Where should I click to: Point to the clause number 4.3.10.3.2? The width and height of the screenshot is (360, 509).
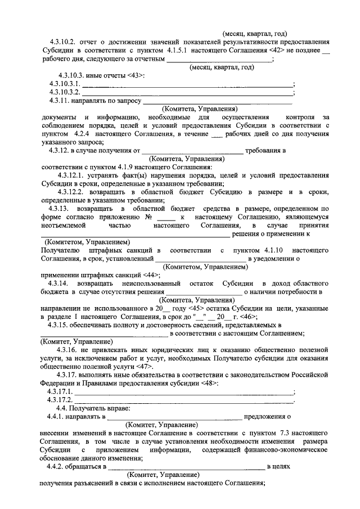pos(66,92)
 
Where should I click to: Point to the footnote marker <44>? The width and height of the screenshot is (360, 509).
pos(152,275)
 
